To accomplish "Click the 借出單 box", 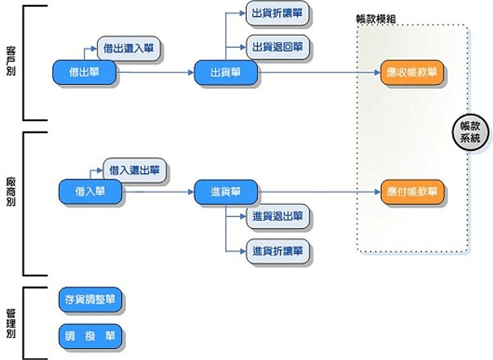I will pyautogui.click(x=84, y=73).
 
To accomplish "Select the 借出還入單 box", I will pyautogui.click(x=128, y=48).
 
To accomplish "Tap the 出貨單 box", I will pyautogui.click(x=226, y=73).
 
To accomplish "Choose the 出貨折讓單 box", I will pyautogui.click(x=277, y=13).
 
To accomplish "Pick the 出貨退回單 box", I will pyautogui.click(x=277, y=47).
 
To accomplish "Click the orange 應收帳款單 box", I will pyautogui.click(x=412, y=73).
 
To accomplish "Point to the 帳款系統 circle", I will pyautogui.click(x=471, y=133).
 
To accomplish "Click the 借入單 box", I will pyautogui.click(x=90, y=191).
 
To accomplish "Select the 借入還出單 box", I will pyautogui.click(x=134, y=170).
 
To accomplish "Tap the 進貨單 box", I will pyautogui.click(x=226, y=191).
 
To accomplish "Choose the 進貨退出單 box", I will pyautogui.click(x=277, y=216).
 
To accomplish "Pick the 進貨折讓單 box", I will pyautogui.click(x=277, y=251).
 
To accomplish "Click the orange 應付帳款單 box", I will pyautogui.click(x=412, y=192).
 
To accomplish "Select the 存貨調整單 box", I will pyautogui.click(x=90, y=300).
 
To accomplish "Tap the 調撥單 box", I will pyautogui.click(x=90, y=336).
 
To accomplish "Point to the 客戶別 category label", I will pyautogui.click(x=11, y=62).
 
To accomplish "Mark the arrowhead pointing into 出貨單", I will pyautogui.click(x=190, y=73).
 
